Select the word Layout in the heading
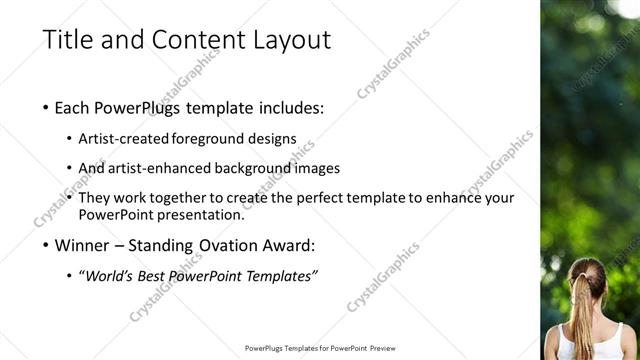click(290, 40)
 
